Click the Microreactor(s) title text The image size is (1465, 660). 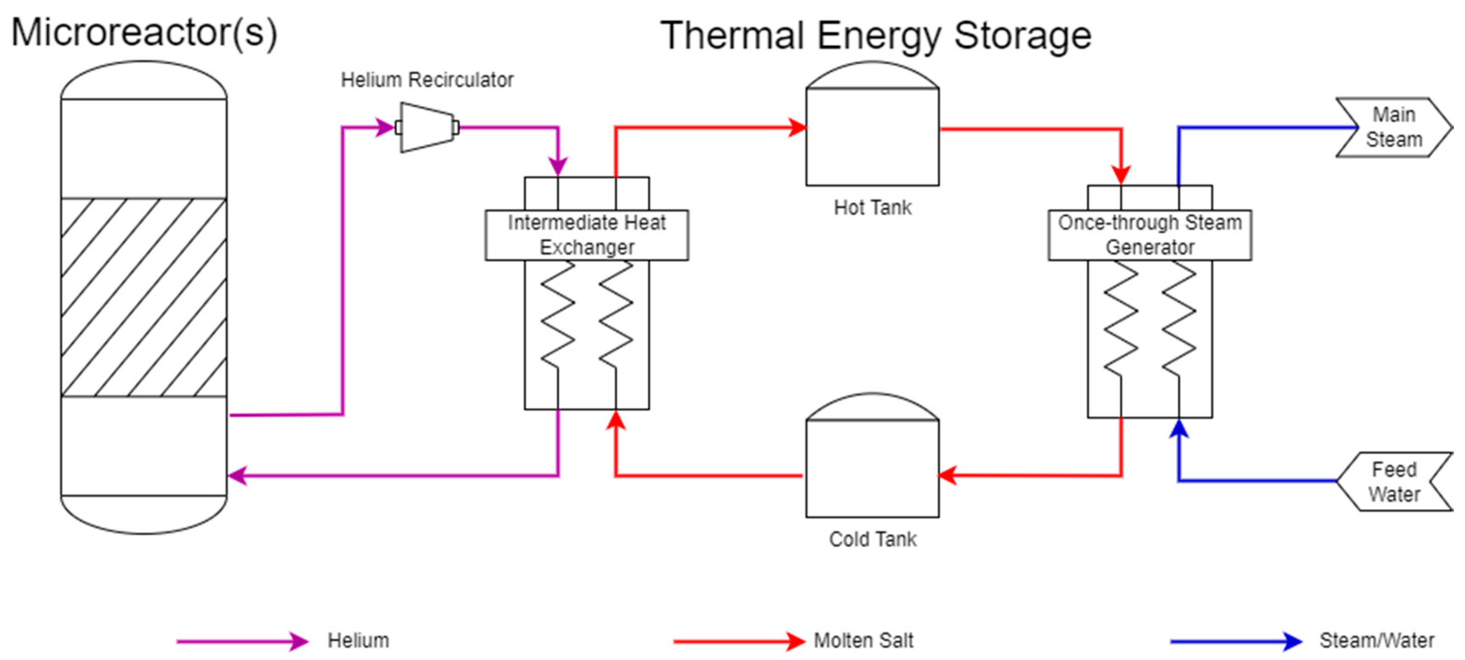(144, 33)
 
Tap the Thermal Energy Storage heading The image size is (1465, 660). (875, 35)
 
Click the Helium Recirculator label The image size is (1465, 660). (426, 80)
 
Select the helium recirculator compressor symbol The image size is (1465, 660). (426, 127)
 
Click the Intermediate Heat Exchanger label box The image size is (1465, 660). (586, 235)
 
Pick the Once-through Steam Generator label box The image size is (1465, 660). (1149, 235)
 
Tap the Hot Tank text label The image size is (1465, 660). (872, 208)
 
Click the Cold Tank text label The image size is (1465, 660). (872, 539)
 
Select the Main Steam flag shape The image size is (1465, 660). (1393, 127)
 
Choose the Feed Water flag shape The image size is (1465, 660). (1393, 481)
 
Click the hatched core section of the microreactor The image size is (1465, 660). (143, 297)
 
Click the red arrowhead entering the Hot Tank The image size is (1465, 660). (797, 128)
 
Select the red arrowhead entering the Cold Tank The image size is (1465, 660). (947, 475)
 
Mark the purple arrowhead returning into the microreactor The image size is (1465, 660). (237, 475)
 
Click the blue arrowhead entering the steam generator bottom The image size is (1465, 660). (1179, 428)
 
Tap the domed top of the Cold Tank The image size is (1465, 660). (872, 406)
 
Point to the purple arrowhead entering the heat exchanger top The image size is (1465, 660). (558, 166)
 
